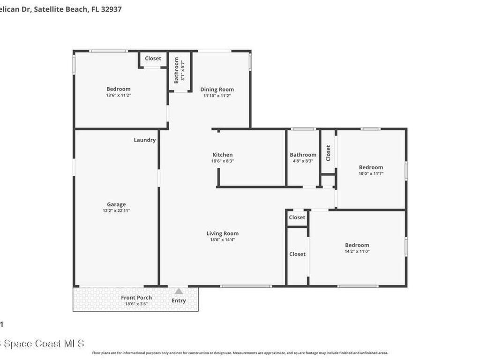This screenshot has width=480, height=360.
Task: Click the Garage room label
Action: tap(116, 204)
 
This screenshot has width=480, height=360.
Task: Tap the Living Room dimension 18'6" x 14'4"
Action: tap(222, 240)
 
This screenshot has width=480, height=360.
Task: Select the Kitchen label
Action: tap(222, 155)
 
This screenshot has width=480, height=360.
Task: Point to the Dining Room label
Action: tap(217, 90)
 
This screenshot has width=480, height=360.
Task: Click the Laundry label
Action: tap(144, 140)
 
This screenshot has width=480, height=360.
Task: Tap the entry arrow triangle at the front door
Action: tap(179, 292)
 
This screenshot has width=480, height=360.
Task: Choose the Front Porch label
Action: tap(136, 298)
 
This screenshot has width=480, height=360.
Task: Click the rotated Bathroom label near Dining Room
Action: tap(177, 70)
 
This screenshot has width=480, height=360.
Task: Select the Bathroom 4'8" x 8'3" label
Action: tap(303, 155)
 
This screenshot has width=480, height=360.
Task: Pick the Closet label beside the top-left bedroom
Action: tap(153, 59)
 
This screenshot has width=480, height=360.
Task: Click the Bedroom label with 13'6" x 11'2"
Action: tap(118, 89)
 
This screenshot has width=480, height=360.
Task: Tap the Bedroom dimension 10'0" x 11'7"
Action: tap(371, 173)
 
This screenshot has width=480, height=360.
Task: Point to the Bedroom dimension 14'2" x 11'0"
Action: tap(357, 251)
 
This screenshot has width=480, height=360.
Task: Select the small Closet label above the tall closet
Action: tap(297, 217)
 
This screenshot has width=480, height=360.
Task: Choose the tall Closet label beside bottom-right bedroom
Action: tap(297, 254)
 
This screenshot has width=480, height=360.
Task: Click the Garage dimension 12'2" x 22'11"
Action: tap(116, 211)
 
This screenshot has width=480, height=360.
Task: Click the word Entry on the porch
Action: tap(179, 301)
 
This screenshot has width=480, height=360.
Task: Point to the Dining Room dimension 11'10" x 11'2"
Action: tap(217, 96)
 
